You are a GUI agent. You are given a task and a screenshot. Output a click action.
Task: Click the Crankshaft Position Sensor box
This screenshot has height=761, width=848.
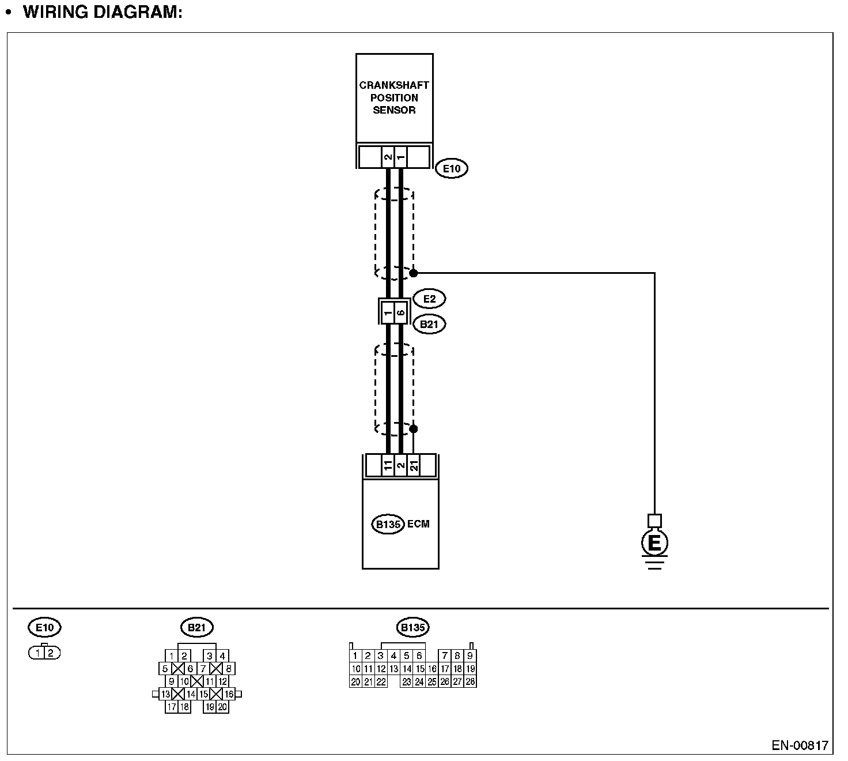[x=394, y=98]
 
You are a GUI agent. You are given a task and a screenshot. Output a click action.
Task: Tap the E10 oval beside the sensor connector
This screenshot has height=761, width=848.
[x=451, y=169]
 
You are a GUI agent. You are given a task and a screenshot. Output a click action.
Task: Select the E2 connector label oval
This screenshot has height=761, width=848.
[x=429, y=299]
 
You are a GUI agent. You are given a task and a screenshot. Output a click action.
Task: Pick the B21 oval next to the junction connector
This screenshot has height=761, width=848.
[x=429, y=324]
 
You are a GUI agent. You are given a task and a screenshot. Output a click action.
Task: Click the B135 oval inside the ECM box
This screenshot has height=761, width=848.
[x=387, y=525]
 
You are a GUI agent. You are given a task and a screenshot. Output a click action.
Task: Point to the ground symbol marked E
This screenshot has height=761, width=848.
[x=654, y=543]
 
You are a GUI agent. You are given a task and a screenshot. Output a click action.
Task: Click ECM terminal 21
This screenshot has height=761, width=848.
[x=414, y=465]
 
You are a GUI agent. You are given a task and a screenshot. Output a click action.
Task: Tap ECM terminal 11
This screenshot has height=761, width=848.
[x=388, y=465]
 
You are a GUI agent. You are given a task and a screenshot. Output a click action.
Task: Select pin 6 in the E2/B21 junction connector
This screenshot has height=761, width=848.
[x=401, y=313]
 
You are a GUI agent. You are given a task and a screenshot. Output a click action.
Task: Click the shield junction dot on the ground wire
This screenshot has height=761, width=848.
[x=413, y=273]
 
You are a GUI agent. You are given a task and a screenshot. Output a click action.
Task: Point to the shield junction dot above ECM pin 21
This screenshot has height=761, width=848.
[x=413, y=429]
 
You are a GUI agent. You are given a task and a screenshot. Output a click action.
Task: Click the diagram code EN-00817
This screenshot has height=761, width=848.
[x=800, y=745]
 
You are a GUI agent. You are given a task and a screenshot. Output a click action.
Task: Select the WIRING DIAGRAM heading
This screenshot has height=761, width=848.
[x=103, y=12]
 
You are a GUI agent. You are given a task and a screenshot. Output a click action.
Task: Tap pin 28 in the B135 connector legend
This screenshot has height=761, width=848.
[x=470, y=681]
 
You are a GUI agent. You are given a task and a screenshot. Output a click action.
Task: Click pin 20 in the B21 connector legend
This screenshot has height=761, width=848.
[x=222, y=707]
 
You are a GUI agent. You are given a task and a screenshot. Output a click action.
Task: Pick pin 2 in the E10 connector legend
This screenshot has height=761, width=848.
[x=51, y=653]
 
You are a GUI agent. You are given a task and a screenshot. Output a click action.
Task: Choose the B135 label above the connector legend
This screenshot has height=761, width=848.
[x=412, y=627]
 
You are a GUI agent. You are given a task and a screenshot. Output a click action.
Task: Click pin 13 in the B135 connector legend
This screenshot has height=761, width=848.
[x=393, y=669]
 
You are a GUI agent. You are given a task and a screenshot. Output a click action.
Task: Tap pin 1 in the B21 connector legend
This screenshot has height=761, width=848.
[x=172, y=655]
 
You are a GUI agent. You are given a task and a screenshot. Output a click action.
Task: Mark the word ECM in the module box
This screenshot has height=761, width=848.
[x=418, y=524]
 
